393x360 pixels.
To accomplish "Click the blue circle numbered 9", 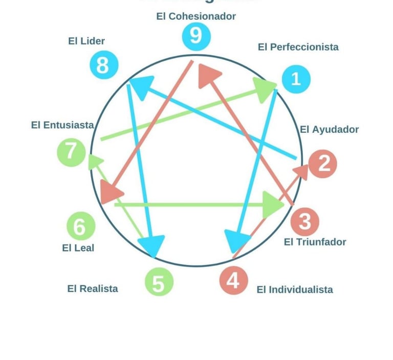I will click(195, 36).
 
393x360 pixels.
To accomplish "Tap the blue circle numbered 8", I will click(103, 65).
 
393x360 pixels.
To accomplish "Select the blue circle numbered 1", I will click(295, 79).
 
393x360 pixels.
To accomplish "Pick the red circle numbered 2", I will click(323, 164).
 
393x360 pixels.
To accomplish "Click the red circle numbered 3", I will click(304, 221).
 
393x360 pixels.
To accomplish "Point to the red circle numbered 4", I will click(233, 280).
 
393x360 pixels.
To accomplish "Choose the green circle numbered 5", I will click(159, 283).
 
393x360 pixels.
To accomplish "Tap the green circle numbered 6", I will click(80, 226).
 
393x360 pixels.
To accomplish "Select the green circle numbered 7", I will click(71, 152).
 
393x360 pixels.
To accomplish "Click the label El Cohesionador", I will click(196, 16).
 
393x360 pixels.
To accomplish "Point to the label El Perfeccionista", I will click(298, 47).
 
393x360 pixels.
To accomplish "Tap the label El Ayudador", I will click(329, 129).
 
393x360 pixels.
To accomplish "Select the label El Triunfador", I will click(315, 242).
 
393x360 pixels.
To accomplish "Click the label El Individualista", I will click(294, 290).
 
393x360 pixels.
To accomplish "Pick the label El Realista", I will click(93, 289).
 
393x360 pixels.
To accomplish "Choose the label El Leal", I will click(78, 248).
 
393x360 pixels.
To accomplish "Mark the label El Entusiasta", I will click(62, 125).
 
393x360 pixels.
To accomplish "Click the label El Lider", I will click(86, 41).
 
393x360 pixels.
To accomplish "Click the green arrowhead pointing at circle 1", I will click(266, 89).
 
